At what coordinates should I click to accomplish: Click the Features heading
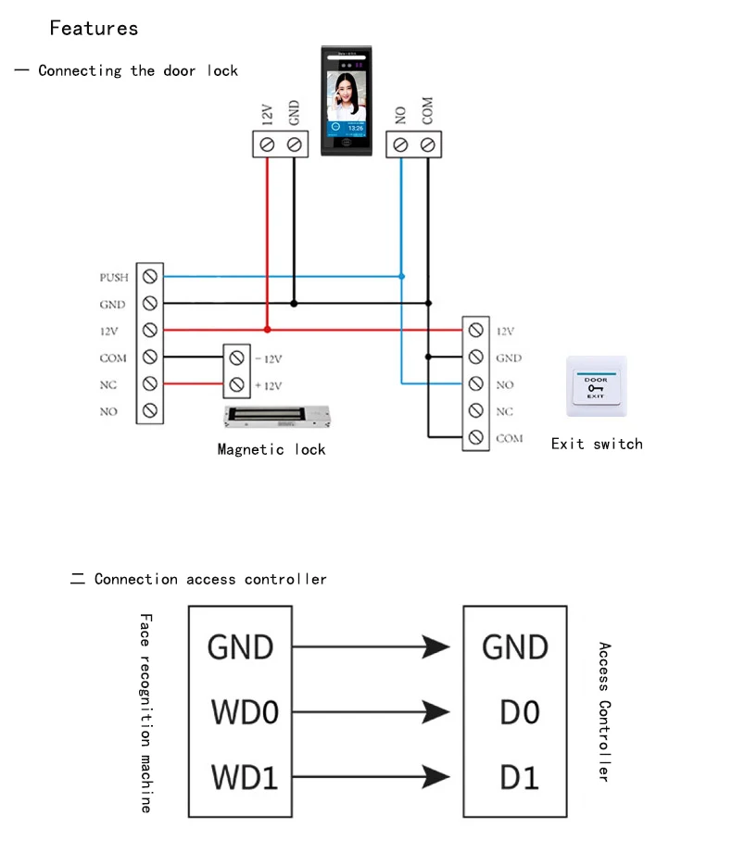tap(94, 28)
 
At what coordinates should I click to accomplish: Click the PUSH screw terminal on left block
tap(149, 276)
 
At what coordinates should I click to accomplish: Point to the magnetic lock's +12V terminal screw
tap(236, 383)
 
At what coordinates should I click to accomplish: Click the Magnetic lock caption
tap(271, 449)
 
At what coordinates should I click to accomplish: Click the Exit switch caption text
tap(597, 444)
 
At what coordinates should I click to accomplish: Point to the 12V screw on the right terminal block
tap(475, 330)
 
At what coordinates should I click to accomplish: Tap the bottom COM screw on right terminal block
tap(475, 437)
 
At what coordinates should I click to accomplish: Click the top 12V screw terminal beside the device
tap(268, 144)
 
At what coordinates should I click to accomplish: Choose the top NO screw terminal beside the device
tap(400, 144)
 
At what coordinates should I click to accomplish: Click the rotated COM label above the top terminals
tap(427, 112)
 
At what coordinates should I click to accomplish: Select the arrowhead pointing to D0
tap(435, 712)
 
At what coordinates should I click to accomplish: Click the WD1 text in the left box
tap(245, 776)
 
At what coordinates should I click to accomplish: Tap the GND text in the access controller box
tap(515, 646)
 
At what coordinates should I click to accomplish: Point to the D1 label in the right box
tap(519, 776)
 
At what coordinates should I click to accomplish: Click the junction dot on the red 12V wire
tap(268, 329)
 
